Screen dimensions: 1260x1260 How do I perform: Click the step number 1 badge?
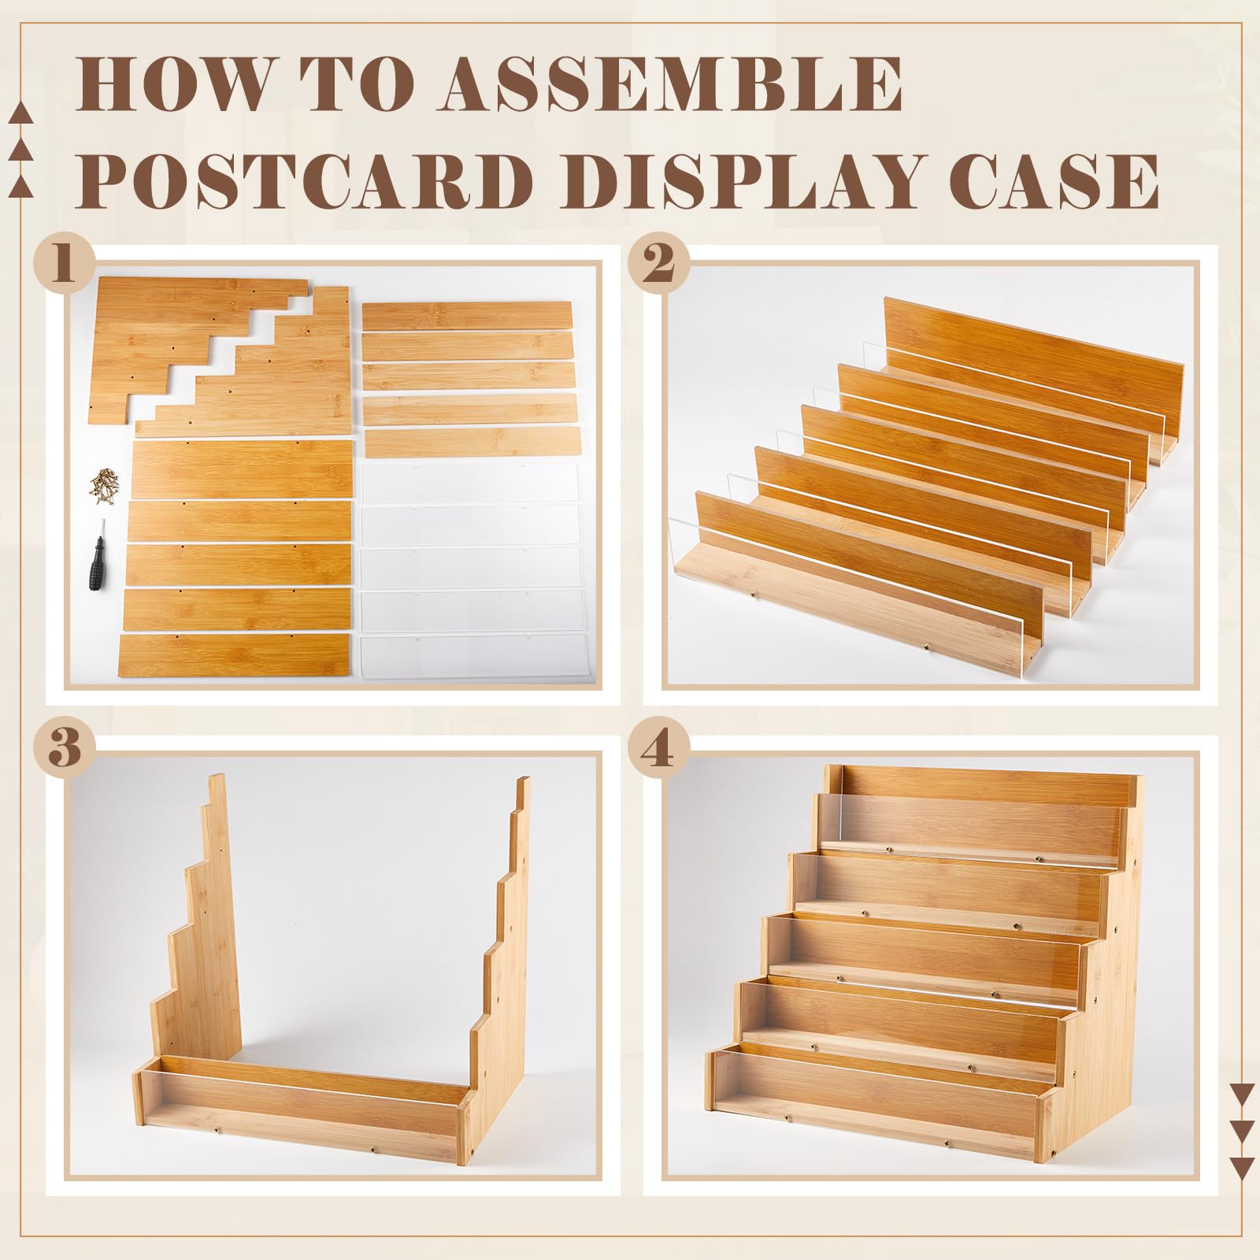(65, 265)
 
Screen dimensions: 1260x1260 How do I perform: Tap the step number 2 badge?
(659, 265)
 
